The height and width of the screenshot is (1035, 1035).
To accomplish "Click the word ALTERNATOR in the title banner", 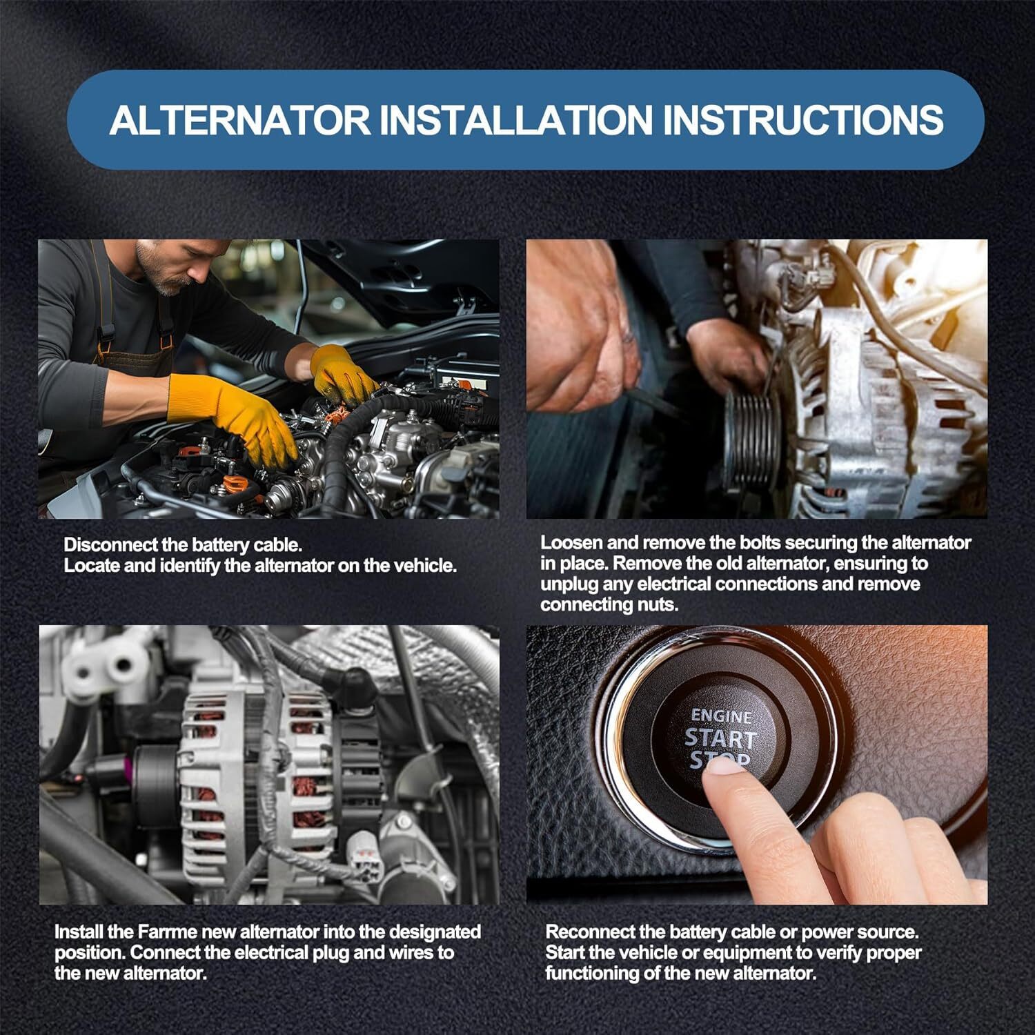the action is pos(239,120).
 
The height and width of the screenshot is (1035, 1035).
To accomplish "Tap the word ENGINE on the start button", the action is pos(721,716).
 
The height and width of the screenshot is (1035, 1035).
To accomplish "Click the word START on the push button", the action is pos(721,738).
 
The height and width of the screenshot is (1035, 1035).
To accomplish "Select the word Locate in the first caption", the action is pos(89,566).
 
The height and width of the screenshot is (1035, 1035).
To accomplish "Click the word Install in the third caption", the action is pos(79,932).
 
